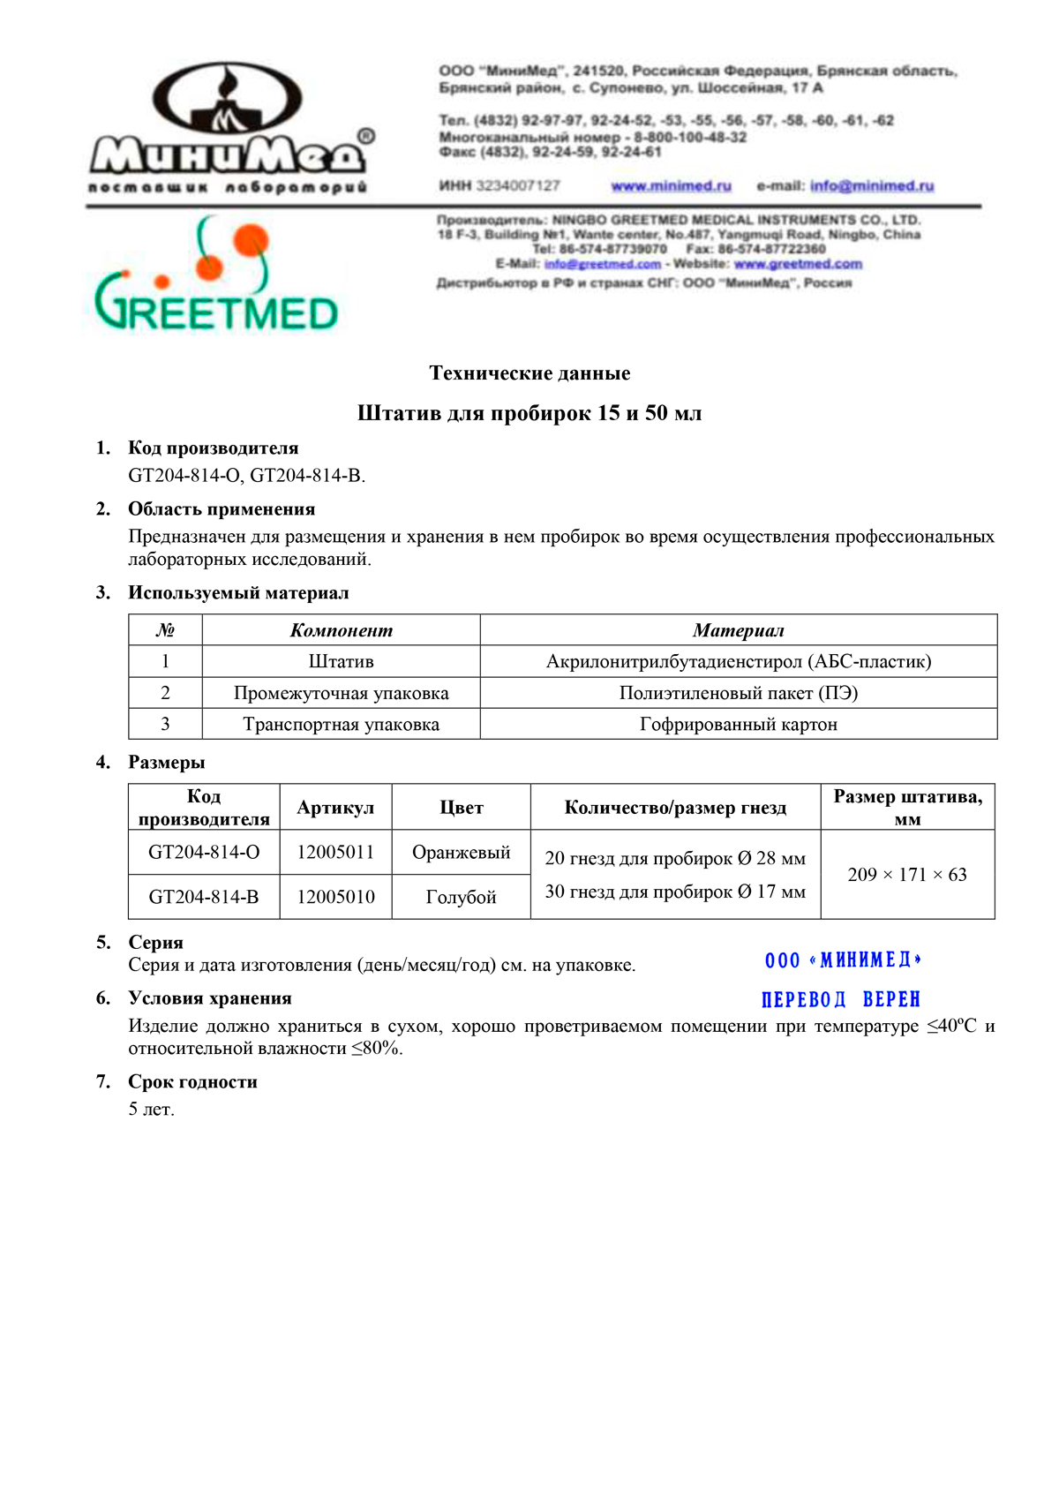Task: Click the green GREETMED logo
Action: [x=216, y=275]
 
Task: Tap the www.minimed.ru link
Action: [x=671, y=185]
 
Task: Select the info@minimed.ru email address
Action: [x=871, y=185]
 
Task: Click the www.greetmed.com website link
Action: [x=798, y=264]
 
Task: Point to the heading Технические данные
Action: [x=529, y=373]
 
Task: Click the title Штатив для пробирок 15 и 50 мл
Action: [x=529, y=413]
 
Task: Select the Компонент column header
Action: [x=341, y=630]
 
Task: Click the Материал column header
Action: [x=738, y=630]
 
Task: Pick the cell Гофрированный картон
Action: [x=738, y=725]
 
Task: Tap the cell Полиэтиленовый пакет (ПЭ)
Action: [x=738, y=693]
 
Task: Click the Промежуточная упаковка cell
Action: [x=341, y=693]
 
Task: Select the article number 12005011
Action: [x=335, y=852]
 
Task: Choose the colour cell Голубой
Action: [x=461, y=897]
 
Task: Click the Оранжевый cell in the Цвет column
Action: [x=461, y=852]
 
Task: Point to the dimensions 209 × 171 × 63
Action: [x=907, y=875]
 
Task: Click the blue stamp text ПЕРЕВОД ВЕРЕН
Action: [x=840, y=999]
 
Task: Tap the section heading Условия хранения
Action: [x=210, y=998]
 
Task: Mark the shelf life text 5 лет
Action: [x=152, y=1110]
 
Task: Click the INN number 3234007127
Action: [x=517, y=185]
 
